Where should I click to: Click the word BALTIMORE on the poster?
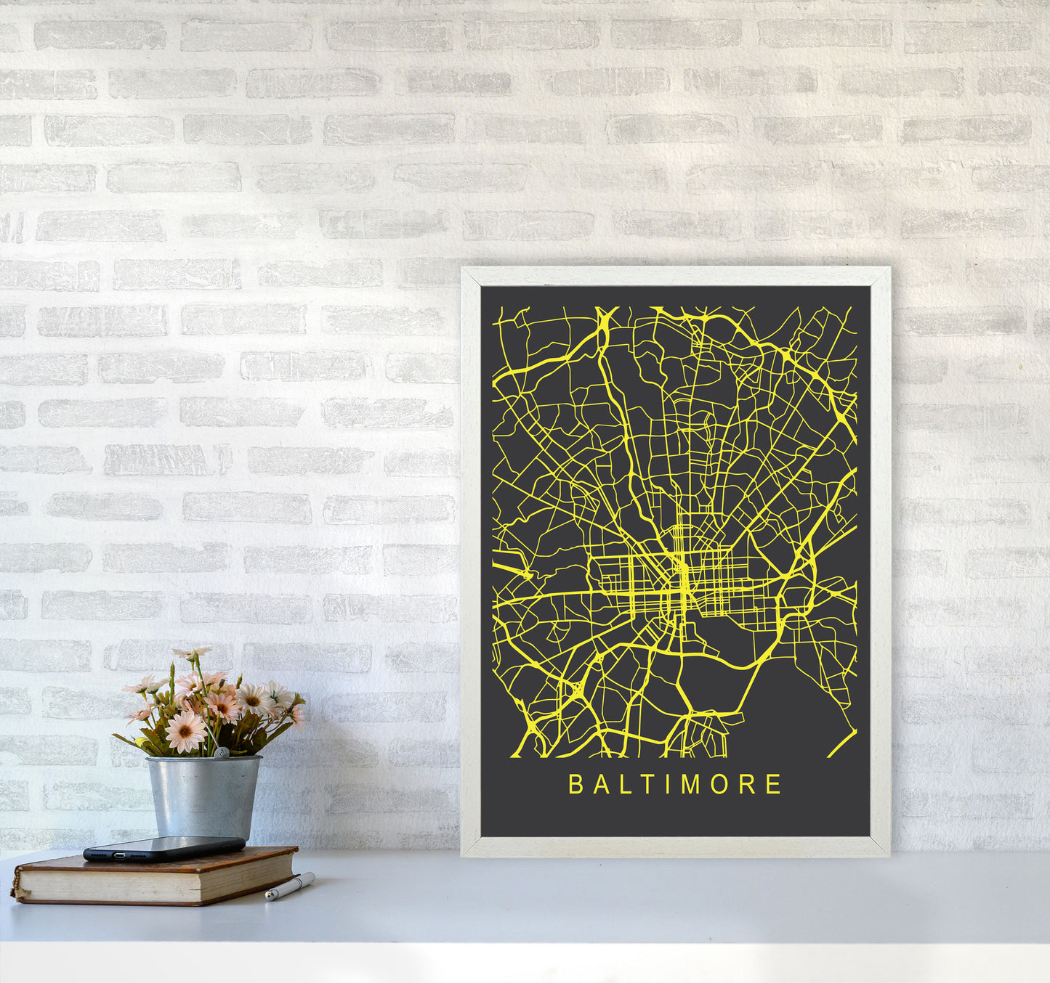coord(674,784)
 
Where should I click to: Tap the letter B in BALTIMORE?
coord(576,784)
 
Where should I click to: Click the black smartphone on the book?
coord(164,848)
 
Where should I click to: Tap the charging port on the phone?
coord(89,856)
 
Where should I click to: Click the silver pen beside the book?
coord(289,886)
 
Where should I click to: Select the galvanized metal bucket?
coord(203,796)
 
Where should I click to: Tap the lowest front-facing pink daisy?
coord(185,731)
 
